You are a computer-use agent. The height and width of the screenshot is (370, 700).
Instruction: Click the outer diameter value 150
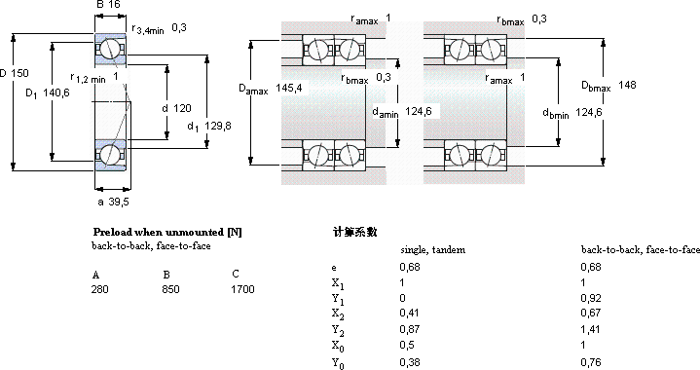tap(19, 73)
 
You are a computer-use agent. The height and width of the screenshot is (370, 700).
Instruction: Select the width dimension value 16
tap(114, 5)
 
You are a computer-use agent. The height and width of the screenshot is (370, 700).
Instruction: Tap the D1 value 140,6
tap(56, 92)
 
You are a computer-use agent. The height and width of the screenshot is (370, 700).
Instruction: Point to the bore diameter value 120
tap(182, 108)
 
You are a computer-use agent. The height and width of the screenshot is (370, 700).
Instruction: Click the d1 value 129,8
tap(218, 126)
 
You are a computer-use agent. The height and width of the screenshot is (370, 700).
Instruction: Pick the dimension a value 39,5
tap(119, 202)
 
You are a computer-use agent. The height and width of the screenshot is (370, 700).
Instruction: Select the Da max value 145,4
tap(289, 88)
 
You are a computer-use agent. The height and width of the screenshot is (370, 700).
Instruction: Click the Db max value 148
tap(627, 85)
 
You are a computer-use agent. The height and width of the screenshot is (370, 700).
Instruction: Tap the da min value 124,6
tap(419, 111)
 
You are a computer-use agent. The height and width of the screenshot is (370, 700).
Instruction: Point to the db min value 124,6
tap(589, 112)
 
